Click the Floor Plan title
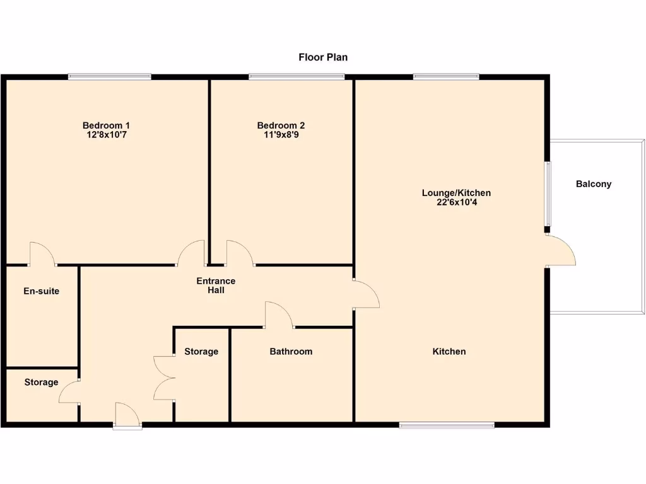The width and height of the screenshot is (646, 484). (x=323, y=57)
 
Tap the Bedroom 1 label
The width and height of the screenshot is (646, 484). (x=106, y=125)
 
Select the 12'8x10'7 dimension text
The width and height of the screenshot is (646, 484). (x=106, y=135)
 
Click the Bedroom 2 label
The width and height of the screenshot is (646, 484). (x=281, y=125)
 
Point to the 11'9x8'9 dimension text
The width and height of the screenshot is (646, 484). (x=281, y=135)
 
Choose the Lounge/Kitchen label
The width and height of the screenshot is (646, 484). (x=456, y=193)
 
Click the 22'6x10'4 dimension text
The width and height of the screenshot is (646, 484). (x=456, y=203)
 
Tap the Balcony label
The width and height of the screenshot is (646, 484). (x=594, y=184)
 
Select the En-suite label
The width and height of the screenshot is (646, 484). (x=42, y=291)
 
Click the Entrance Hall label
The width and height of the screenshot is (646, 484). (x=216, y=285)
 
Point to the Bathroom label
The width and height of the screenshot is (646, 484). (x=291, y=351)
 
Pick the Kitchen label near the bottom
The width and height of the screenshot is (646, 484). (x=449, y=351)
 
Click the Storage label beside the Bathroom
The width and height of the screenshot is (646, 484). (x=201, y=351)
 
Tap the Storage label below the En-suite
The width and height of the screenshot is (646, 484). (x=42, y=382)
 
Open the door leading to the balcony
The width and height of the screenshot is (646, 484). (x=560, y=251)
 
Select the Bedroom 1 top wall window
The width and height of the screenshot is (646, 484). (x=110, y=77)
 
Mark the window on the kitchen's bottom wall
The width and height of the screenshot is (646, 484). (x=447, y=425)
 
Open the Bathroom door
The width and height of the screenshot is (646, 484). (x=279, y=316)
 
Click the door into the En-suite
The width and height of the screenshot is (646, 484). (x=43, y=255)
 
